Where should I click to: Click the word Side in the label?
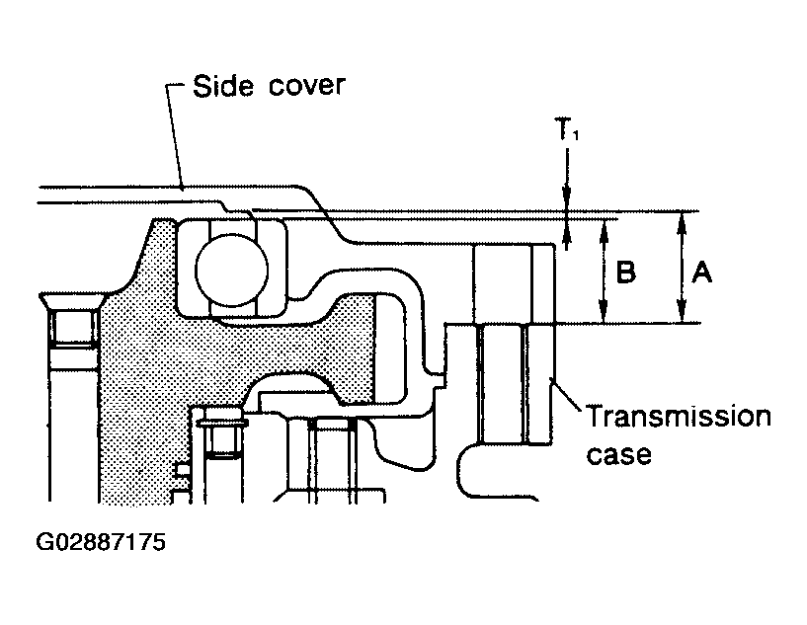pyautogui.click(x=223, y=86)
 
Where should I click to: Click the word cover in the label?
pyautogui.click(x=307, y=86)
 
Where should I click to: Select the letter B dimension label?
pyautogui.click(x=626, y=272)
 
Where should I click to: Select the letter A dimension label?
pyautogui.click(x=702, y=272)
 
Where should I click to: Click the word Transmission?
pyautogui.click(x=679, y=416)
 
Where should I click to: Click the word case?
pyautogui.click(x=619, y=455)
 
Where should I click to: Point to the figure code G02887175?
pyautogui.click(x=101, y=542)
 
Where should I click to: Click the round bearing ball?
pyautogui.click(x=231, y=271)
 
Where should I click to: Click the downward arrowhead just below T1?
pyautogui.click(x=567, y=200)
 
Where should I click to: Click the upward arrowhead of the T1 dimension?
pyautogui.click(x=567, y=230)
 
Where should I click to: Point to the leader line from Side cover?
pyautogui.click(x=174, y=136)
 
